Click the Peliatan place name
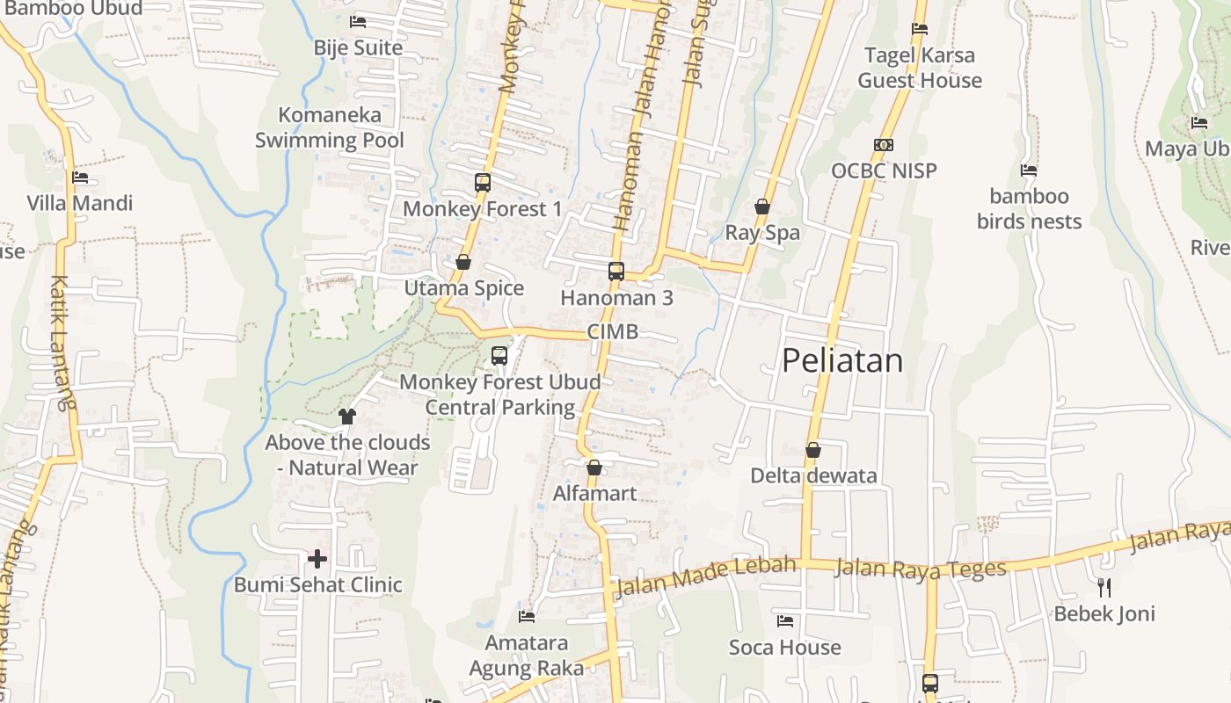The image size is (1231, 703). point(842,360)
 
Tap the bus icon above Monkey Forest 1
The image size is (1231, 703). point(483,183)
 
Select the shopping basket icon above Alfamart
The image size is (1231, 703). point(594,467)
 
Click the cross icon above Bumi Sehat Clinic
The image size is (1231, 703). point(317,558)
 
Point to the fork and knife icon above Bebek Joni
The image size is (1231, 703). point(1104,587)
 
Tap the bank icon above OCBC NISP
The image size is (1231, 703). point(884,145)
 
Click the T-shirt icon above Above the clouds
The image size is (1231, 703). point(347,416)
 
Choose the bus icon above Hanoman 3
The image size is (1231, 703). point(616,272)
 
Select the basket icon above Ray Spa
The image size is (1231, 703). point(762,207)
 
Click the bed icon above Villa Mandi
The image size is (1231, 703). point(80,178)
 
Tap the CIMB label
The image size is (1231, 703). point(612,332)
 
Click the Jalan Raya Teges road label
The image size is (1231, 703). point(920,569)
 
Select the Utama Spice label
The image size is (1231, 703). point(463,288)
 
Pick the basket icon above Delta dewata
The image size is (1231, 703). point(813,450)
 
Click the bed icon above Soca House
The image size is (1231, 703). point(785,621)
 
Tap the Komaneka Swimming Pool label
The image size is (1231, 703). point(330,127)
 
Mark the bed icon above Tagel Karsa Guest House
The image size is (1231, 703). point(920,29)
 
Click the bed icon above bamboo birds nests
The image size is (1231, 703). point(1029,170)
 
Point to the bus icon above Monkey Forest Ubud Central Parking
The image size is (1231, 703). point(499,356)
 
